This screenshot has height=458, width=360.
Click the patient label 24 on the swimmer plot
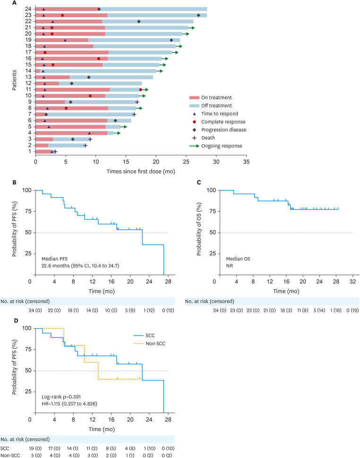coord(29,9)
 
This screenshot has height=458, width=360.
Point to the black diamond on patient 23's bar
coord(198,16)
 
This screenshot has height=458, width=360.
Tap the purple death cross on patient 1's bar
coord(55,152)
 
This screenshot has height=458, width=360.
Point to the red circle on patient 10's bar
coord(90,96)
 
